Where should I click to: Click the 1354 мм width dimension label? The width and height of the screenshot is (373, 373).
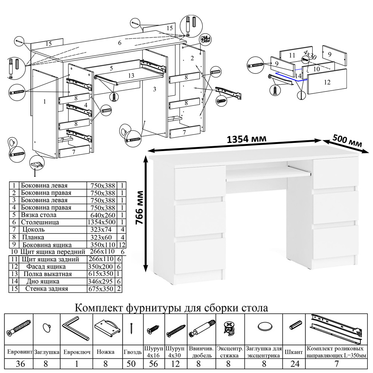[x=247, y=139]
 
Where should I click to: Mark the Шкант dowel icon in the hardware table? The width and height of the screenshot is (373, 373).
[x=294, y=325]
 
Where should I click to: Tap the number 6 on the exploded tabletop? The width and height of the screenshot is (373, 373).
[x=120, y=43]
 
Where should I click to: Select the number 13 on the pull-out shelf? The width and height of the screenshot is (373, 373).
[x=131, y=75]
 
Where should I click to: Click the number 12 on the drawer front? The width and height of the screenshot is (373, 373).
[x=327, y=82]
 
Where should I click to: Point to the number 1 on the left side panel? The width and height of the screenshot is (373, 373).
[x=44, y=101]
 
